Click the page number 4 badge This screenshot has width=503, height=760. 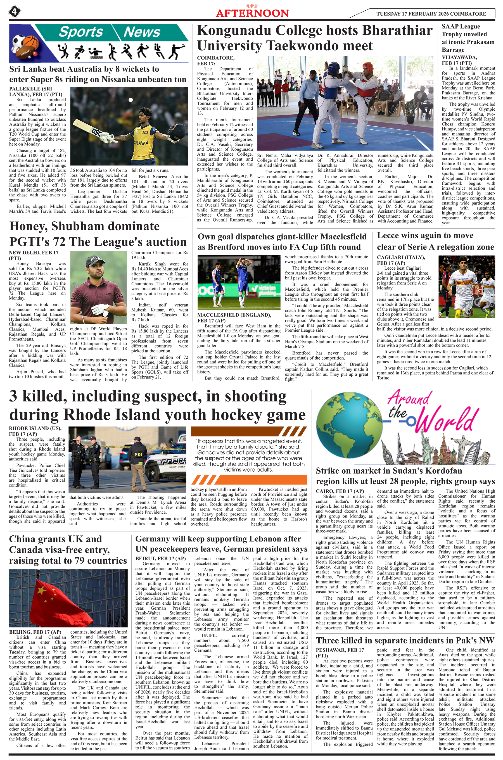pyautogui.click(x=14, y=12)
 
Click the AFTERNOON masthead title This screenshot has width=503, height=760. pyautogui.click(x=252, y=13)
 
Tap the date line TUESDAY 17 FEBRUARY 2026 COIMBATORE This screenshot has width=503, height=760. pyautogui.click(x=431, y=14)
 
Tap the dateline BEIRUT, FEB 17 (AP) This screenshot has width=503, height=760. pyautogui.click(x=160, y=558)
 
